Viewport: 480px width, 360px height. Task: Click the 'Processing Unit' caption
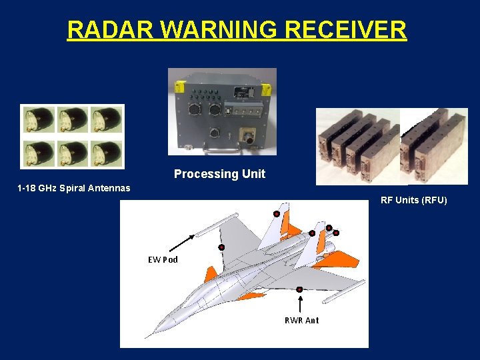click(219, 174)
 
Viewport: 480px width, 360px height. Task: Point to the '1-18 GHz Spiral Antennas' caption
click(73, 188)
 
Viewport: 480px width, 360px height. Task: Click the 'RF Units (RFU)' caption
click(413, 200)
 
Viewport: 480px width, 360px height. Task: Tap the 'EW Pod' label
click(163, 259)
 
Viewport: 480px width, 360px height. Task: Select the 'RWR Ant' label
click(301, 320)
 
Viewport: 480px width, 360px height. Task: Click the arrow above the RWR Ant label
click(301, 303)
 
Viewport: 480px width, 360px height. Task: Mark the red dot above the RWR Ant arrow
click(300, 289)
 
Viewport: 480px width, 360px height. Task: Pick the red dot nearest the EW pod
click(221, 247)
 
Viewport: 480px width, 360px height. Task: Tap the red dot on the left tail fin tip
click(276, 213)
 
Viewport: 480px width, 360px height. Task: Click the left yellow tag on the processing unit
click(179, 87)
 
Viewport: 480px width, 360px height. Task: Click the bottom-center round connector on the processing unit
click(215, 132)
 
